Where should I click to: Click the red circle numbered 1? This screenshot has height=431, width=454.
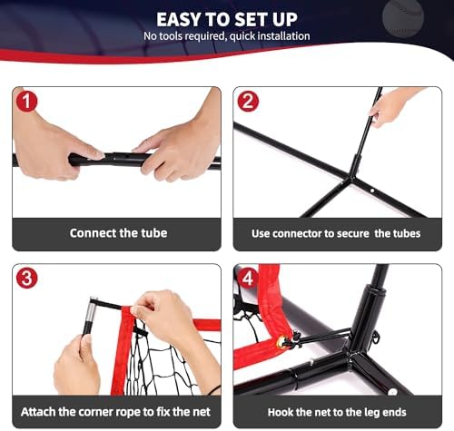tap(26, 101)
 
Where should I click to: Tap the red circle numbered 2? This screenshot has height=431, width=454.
tap(248, 101)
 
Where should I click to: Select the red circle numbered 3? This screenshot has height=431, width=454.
tap(26, 278)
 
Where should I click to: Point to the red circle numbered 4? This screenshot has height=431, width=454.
tap(248, 278)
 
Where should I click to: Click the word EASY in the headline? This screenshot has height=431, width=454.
tap(179, 20)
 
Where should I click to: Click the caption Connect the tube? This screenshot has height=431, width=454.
tap(118, 233)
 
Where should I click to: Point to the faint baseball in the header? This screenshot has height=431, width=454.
tap(403, 17)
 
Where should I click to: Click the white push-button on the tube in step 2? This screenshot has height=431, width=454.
tap(372, 191)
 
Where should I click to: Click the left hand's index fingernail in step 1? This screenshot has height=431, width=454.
tap(98, 154)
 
